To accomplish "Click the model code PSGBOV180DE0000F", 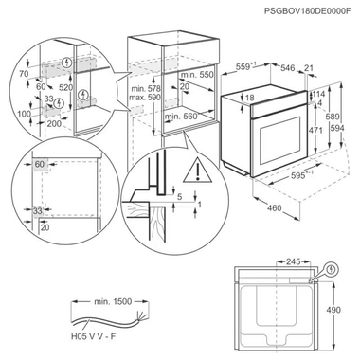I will (302, 11).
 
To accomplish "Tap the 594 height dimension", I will (348, 129).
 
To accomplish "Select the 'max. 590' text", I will (147, 98).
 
